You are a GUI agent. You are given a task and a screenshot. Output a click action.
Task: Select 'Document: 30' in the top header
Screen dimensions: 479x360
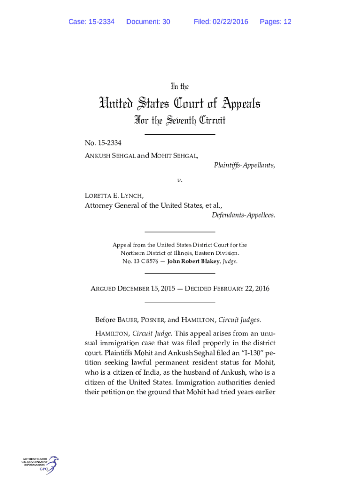(148, 22)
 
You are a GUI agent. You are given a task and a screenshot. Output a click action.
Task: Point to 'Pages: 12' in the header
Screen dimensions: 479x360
(275, 22)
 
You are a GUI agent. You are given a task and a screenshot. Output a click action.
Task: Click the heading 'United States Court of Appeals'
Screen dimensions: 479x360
(180, 103)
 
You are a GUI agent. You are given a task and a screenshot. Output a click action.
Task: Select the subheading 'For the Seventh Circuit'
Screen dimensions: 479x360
(180, 121)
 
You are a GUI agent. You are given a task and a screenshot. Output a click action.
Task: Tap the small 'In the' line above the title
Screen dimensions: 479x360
(180, 87)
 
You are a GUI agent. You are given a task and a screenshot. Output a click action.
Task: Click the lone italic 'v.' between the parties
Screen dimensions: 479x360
(180, 180)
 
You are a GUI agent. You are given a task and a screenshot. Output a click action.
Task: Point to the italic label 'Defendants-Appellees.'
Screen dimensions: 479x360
(243, 215)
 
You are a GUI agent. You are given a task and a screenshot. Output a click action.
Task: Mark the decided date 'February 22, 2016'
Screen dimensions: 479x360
(241, 289)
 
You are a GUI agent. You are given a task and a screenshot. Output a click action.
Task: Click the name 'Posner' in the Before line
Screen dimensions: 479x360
(150, 320)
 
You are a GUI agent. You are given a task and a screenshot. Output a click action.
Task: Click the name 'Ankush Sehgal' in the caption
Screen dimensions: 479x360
(108, 155)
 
